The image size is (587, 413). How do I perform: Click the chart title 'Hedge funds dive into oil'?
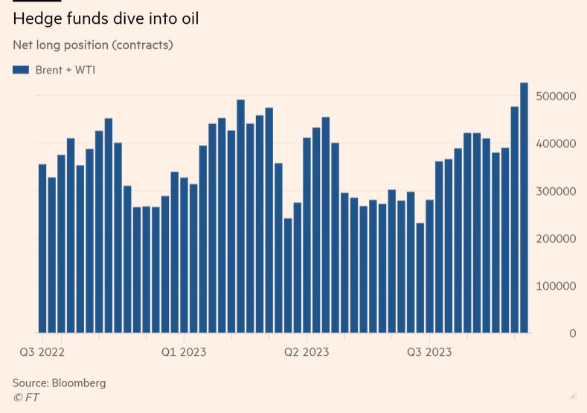pos(106,19)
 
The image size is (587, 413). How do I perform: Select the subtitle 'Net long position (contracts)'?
pos(92,45)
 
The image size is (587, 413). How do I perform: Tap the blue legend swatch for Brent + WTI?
pos(21,70)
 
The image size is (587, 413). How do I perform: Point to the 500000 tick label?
pos(556,97)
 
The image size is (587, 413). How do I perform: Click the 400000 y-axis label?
pos(556,143)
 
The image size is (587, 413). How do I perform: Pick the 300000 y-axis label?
pos(556,191)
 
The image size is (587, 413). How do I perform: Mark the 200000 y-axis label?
pos(556,238)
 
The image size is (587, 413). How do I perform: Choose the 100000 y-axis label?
pos(556,286)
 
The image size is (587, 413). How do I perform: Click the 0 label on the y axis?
pos(572,334)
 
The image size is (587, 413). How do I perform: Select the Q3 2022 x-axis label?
pos(42,351)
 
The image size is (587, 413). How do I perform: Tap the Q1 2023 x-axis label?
pos(184,351)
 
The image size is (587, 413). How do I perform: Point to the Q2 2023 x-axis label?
pos(306,351)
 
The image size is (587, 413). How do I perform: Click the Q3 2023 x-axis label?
pos(429,351)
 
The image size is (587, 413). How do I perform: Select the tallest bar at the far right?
pos(524,208)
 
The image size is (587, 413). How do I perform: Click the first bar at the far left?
pos(42,249)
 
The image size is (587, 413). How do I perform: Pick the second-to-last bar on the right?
pos(514,220)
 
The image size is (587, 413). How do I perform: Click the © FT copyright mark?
pos(26,397)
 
